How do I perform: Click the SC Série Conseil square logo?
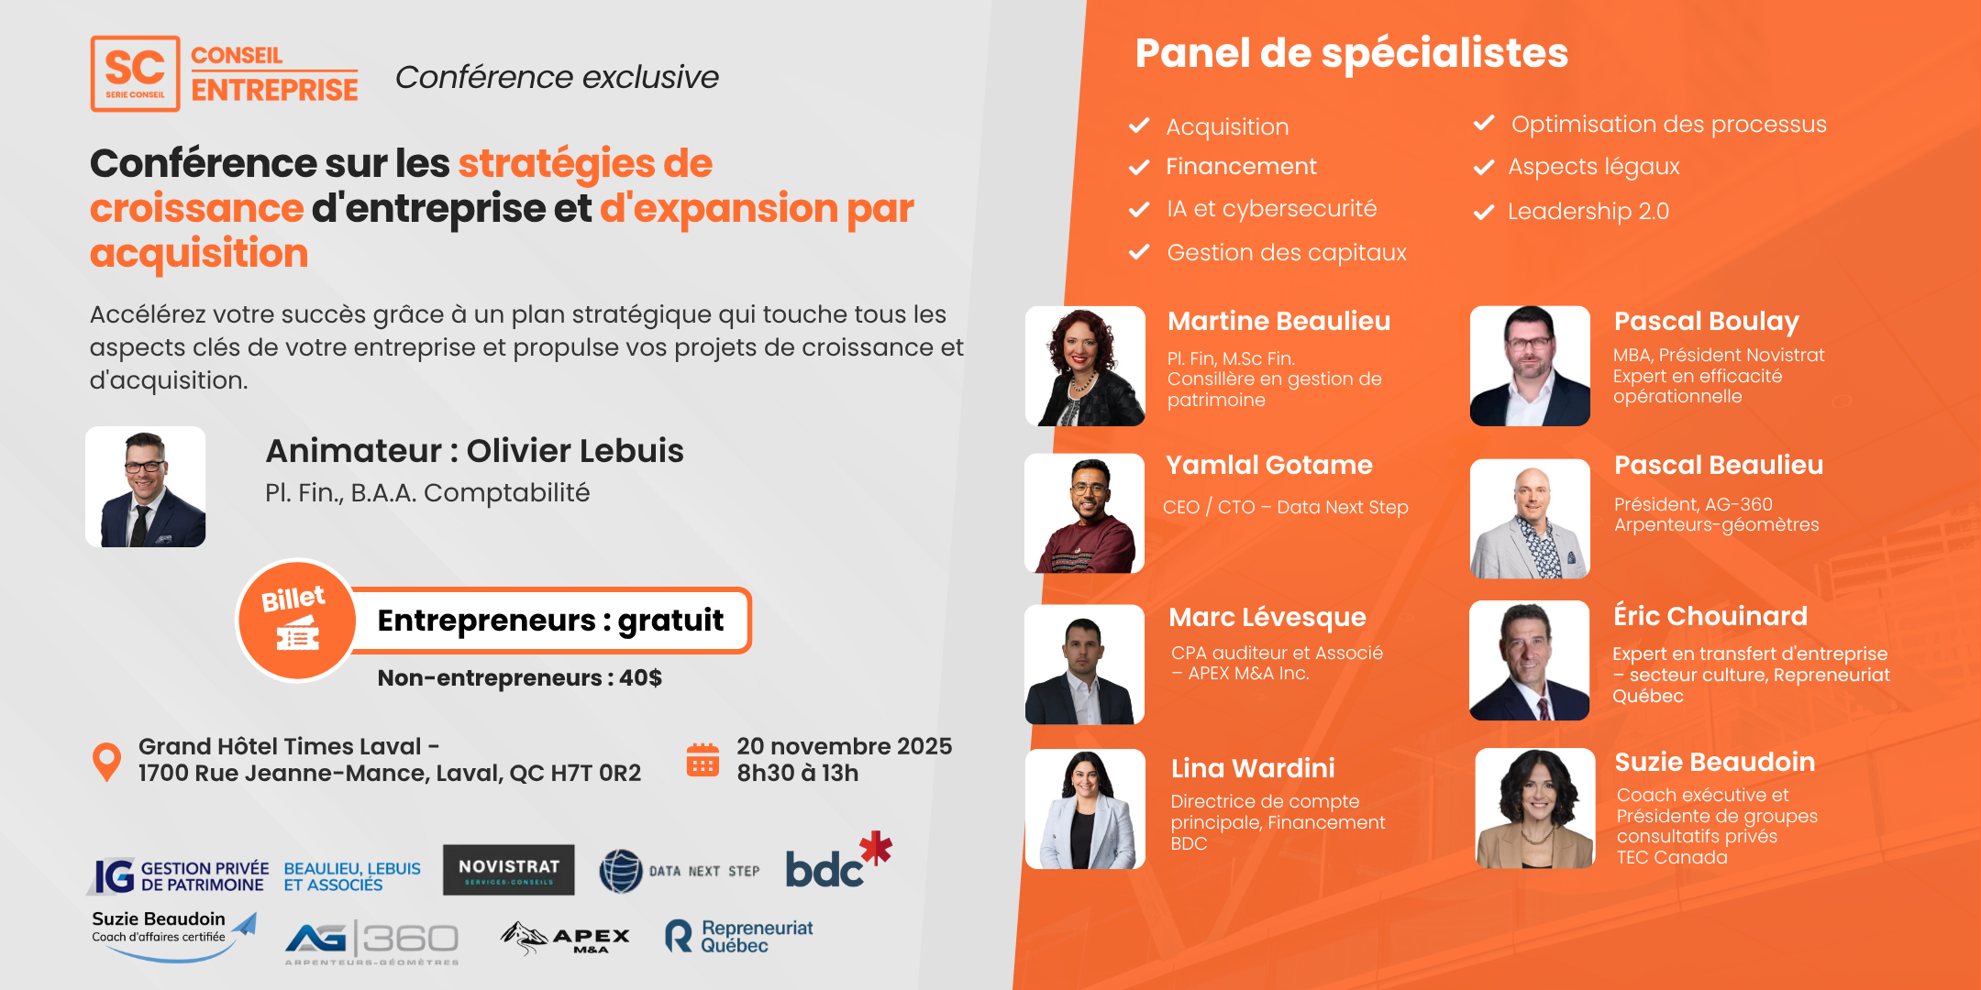click(135, 73)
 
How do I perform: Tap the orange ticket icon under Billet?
click(297, 633)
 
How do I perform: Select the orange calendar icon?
click(703, 760)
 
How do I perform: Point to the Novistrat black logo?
click(509, 870)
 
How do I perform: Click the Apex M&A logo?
click(565, 938)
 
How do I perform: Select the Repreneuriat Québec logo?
click(738, 936)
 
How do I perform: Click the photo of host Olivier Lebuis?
click(145, 487)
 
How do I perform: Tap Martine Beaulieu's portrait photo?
click(1085, 366)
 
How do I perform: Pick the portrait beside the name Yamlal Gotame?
click(1084, 513)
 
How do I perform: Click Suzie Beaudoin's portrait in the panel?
click(1535, 808)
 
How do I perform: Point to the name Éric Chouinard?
click(1710, 616)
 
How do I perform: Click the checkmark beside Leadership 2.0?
click(1484, 213)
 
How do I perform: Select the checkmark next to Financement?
click(1139, 167)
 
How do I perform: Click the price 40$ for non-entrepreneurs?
click(640, 678)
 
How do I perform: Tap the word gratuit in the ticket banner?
click(670, 621)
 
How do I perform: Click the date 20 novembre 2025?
click(845, 746)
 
